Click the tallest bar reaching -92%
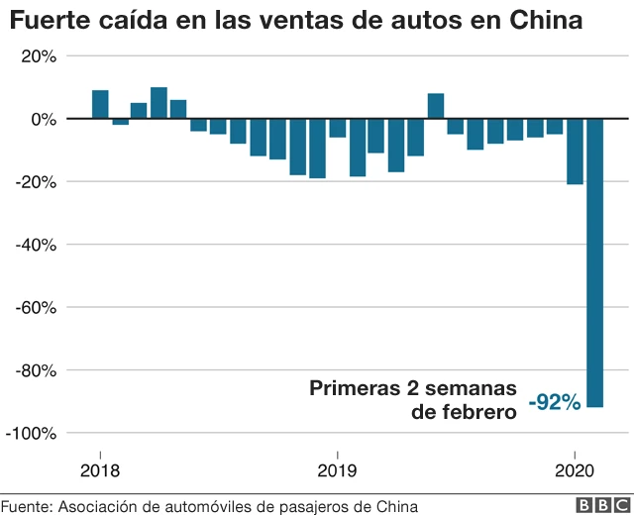pos(595,262)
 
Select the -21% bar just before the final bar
pos(575,152)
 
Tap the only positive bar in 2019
pos(436,106)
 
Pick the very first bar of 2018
pos(100,104)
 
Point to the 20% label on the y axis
pos(41,55)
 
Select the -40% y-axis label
pos(38,245)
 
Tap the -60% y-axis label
pos(38,307)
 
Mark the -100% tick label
pos(34,434)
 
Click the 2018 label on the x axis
pos(100,469)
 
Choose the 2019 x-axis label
pos(338,469)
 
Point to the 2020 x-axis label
pos(576,469)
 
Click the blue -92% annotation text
pos(555,402)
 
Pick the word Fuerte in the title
pos(42,19)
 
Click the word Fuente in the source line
pos(25,505)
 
